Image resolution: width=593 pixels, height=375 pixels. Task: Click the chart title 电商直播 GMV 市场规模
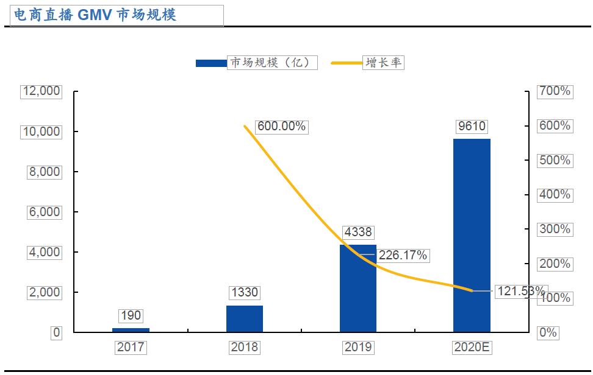pos(95,15)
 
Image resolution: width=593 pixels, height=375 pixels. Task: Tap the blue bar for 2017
pos(131,330)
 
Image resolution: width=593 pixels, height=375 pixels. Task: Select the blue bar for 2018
pos(244,318)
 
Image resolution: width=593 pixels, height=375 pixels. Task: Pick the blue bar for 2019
pos(358,289)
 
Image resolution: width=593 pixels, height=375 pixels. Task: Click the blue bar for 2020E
pos(471,236)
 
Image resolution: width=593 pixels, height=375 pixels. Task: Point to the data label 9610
pos(471,126)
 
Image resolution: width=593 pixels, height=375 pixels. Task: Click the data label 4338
pos(358,232)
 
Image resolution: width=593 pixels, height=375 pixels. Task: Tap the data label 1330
pos(244,293)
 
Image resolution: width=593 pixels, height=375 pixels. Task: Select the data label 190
pos(131,315)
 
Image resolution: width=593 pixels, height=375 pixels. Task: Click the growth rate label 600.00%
pos(281,127)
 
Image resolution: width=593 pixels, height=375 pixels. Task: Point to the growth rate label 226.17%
pos(402,256)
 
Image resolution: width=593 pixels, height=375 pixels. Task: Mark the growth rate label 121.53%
pos(520,291)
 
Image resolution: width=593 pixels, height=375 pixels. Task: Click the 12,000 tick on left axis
pos(41,91)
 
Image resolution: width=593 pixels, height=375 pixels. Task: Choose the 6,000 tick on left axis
pos(44,212)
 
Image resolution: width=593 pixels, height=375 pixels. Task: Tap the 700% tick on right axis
pos(555,91)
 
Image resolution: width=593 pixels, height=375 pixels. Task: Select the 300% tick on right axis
pos(555,230)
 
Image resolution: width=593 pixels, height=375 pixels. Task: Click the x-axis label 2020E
pos(472,348)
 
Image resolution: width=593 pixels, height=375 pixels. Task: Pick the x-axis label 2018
pos(244,348)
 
